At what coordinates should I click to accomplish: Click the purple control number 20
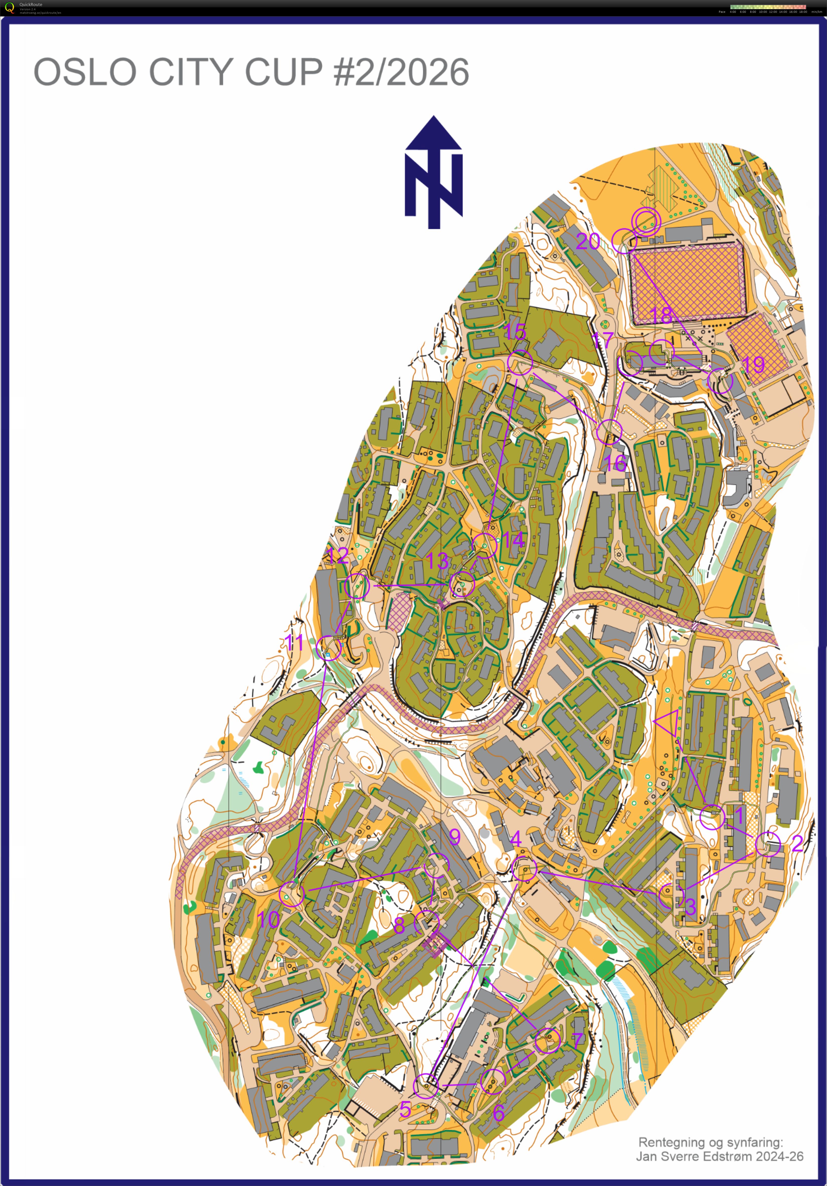tap(588, 241)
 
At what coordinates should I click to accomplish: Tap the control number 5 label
tap(405, 1109)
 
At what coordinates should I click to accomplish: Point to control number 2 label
tap(797, 844)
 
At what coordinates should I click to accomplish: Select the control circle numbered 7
tap(547, 1040)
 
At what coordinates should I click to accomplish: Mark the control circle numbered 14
tap(485, 545)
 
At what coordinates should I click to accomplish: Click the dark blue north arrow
tap(434, 172)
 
